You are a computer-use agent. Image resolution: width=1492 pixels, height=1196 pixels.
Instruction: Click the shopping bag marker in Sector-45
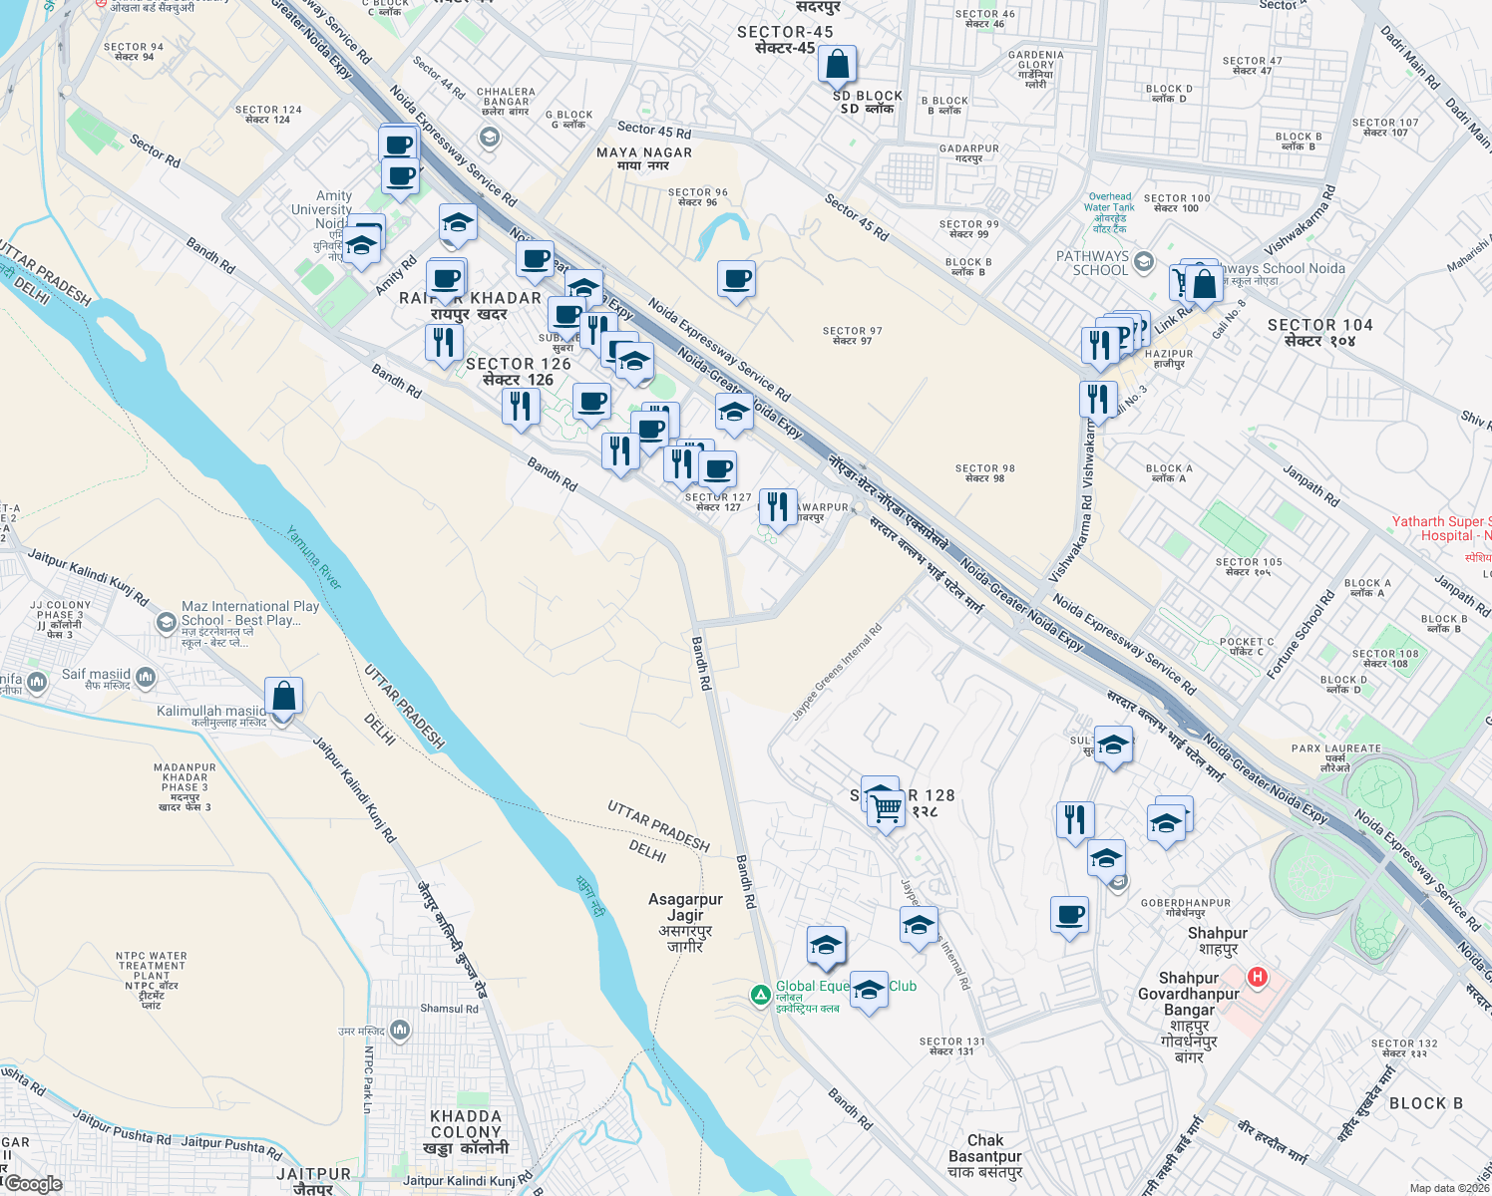(x=838, y=64)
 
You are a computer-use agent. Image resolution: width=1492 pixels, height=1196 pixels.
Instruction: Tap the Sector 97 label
(x=852, y=335)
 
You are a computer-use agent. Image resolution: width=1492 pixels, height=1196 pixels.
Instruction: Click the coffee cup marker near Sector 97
(x=736, y=279)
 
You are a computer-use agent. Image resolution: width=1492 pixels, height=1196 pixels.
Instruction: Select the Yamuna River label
(x=314, y=557)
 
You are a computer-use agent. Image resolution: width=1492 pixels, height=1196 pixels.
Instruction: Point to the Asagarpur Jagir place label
(x=685, y=922)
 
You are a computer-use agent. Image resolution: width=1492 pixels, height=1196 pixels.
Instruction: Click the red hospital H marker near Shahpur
(x=1258, y=977)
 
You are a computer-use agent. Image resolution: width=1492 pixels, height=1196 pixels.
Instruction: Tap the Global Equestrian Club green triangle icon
(x=760, y=995)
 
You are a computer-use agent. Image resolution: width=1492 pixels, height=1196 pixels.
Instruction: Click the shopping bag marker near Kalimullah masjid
(x=283, y=696)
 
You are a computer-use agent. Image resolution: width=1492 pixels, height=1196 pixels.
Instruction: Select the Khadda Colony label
(x=466, y=1131)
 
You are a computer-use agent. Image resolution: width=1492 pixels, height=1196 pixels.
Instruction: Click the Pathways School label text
(x=1092, y=263)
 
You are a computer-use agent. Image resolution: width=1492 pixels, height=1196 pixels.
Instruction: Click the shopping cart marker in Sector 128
(x=886, y=808)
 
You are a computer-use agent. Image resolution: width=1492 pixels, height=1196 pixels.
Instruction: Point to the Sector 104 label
(x=1319, y=332)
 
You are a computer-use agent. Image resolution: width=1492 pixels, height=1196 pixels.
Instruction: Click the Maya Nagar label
(x=644, y=158)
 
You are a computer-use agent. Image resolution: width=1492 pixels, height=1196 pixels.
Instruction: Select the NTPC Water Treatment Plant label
(x=152, y=980)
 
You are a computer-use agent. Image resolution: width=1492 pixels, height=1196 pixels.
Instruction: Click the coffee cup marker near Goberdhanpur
(x=1069, y=914)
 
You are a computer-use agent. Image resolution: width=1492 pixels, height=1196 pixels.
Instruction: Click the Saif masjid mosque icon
(x=146, y=679)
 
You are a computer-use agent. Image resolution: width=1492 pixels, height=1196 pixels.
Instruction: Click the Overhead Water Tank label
(x=1109, y=212)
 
